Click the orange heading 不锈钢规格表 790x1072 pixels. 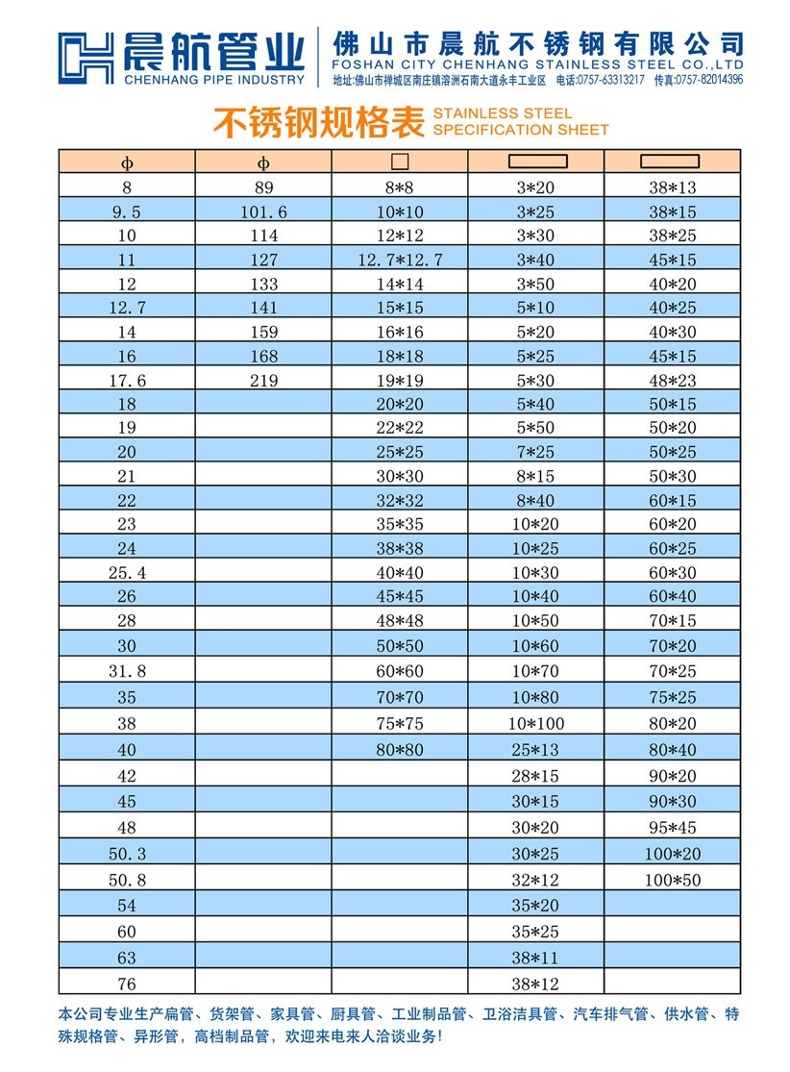(x=317, y=122)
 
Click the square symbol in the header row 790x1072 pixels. (x=400, y=162)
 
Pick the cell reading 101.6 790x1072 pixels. (x=263, y=212)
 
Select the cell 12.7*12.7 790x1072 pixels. (x=400, y=260)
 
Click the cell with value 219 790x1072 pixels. (x=263, y=381)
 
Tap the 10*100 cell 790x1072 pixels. (x=536, y=723)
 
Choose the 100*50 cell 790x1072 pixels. (x=673, y=879)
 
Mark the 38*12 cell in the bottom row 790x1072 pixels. (x=536, y=984)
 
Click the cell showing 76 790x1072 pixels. (x=127, y=984)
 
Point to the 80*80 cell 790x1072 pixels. (x=400, y=749)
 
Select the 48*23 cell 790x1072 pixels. (x=673, y=381)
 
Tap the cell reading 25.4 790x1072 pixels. (x=127, y=572)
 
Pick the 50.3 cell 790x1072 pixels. (x=127, y=853)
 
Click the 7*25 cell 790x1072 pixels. (x=536, y=452)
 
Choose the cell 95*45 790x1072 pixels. (x=673, y=827)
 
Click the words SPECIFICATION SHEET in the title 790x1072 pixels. (x=520, y=130)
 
